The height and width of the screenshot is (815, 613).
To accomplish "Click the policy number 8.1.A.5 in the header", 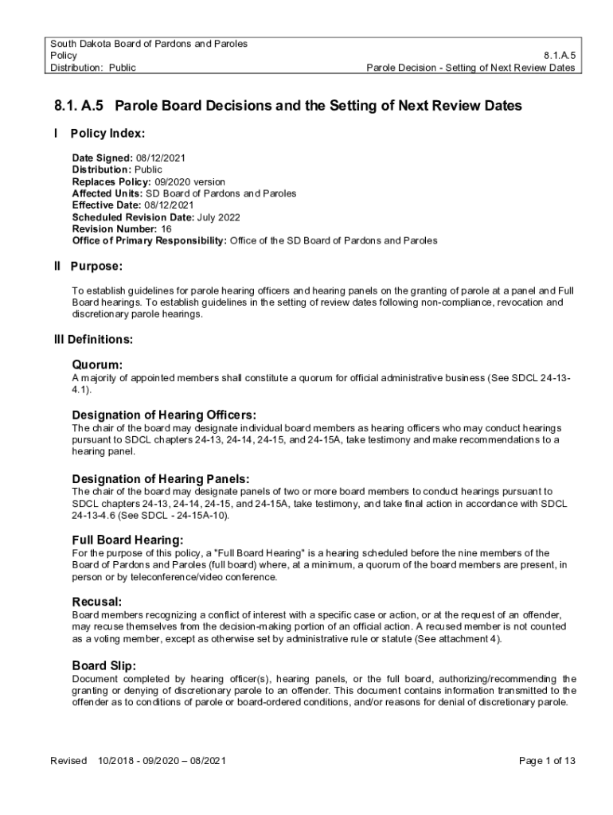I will point(560,56).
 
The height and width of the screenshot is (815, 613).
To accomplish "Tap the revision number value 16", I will point(166,228).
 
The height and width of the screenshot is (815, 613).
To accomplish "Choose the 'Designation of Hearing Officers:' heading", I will point(164,415).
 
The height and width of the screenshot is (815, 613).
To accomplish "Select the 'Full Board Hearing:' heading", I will point(127,540).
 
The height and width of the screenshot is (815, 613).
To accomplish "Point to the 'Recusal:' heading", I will point(97,602).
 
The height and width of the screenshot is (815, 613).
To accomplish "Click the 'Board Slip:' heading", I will point(103,665).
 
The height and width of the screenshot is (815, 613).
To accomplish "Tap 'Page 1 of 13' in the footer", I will point(547,761).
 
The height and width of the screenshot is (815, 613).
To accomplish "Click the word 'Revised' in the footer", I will point(68,761).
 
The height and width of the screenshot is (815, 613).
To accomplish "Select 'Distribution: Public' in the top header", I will point(92,68).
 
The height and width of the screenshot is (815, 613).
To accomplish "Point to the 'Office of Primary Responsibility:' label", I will point(150,240).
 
